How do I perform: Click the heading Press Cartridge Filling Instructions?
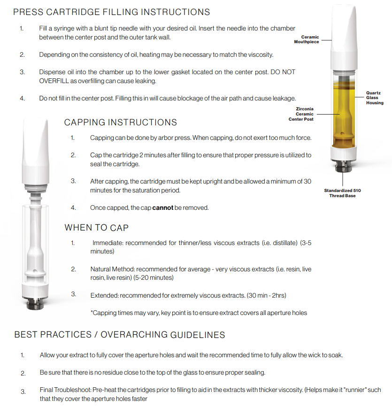point(112,12)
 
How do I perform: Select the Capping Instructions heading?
point(121,123)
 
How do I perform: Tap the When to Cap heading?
point(96,228)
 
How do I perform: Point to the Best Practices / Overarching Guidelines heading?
point(120,335)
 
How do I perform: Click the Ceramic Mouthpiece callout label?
point(307,39)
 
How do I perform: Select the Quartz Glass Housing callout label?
point(375,98)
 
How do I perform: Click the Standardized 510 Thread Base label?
point(342,193)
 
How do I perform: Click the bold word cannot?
point(163,207)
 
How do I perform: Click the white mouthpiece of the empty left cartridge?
point(36,150)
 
